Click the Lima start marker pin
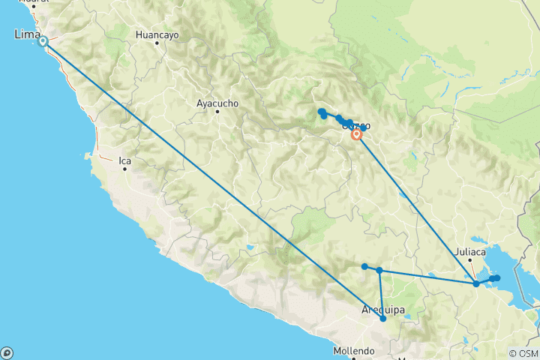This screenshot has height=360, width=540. point(43,42)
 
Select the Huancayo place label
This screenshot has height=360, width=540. point(157,34)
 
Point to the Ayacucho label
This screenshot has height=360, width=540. point(217,103)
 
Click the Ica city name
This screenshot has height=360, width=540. point(124,159)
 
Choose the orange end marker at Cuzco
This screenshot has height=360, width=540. point(356,135)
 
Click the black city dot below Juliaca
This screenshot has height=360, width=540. point(470,261)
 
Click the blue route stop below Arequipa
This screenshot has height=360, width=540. point(383,319)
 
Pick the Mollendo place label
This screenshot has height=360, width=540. point(354,350)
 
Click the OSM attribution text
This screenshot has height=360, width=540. point(523,353)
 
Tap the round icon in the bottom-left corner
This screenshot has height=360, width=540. point(7,352)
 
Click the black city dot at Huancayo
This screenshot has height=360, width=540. point(157,43)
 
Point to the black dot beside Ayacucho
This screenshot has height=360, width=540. point(217,112)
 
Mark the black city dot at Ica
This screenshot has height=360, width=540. point(125,168)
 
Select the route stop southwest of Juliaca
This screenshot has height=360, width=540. point(476,283)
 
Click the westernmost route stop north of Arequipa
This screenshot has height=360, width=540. point(364,266)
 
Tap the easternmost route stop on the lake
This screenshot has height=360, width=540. point(496,278)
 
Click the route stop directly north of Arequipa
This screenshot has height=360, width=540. point(379,270)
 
